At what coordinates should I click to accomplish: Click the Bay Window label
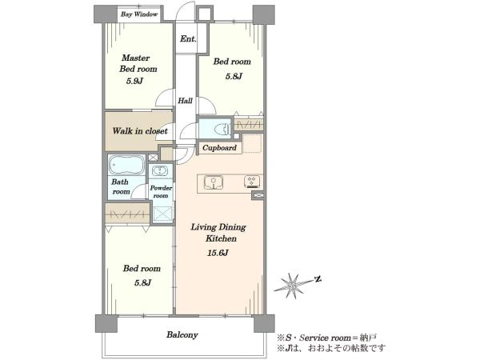click(x=139, y=14)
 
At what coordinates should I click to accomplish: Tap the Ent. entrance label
click(x=188, y=39)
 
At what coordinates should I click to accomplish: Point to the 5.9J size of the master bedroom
click(x=134, y=81)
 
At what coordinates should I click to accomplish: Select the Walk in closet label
click(x=140, y=131)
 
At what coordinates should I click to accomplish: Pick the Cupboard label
click(x=219, y=148)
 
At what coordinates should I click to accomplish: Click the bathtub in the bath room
click(x=126, y=165)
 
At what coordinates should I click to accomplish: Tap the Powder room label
click(x=161, y=192)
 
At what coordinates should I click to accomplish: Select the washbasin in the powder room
click(x=159, y=171)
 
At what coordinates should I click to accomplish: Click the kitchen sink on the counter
click(x=214, y=182)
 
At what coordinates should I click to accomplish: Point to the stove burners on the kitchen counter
click(x=253, y=182)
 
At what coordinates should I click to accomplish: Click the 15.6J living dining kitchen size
click(x=218, y=253)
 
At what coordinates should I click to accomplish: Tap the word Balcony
click(x=182, y=335)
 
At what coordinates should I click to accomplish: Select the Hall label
click(x=186, y=101)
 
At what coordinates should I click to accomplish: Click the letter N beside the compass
click(x=318, y=279)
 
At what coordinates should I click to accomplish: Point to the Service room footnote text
click(x=326, y=338)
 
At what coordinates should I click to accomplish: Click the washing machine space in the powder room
click(x=163, y=214)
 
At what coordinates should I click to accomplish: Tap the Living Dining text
click(x=218, y=227)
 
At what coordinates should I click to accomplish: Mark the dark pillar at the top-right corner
click(x=263, y=14)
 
